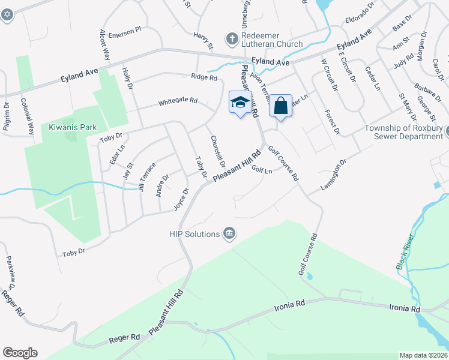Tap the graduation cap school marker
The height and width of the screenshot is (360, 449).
240,102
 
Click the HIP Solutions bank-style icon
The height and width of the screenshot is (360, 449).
229,233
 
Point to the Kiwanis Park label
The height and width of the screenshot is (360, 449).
69,128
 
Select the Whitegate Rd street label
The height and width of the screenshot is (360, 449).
178,102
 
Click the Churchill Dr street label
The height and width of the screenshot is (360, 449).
217,152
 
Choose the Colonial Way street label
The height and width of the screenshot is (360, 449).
27,116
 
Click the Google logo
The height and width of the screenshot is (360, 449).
20,353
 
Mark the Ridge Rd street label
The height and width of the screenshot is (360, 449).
204,77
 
